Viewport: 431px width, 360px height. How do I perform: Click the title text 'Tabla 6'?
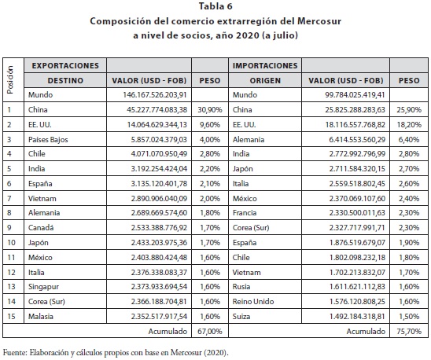coord(215,6)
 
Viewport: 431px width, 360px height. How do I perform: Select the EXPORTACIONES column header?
coord(65,66)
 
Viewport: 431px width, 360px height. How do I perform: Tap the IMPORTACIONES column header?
coord(265,66)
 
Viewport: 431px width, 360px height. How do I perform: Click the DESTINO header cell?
coord(65,80)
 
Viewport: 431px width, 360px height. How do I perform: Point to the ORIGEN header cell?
coord(265,80)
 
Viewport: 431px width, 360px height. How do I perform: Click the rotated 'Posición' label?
coord(10,80)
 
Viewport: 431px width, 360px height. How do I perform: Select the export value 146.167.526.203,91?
coord(155,95)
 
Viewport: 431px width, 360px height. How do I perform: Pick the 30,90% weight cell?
coord(210,109)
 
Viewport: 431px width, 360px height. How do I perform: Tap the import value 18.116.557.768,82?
coord(355,125)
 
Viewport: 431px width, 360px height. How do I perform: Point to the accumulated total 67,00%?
coord(210,332)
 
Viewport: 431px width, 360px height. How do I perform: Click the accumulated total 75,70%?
coord(409,332)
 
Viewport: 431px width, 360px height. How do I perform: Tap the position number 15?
coord(11,316)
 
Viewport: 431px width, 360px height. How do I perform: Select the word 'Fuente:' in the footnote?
coord(15,352)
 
